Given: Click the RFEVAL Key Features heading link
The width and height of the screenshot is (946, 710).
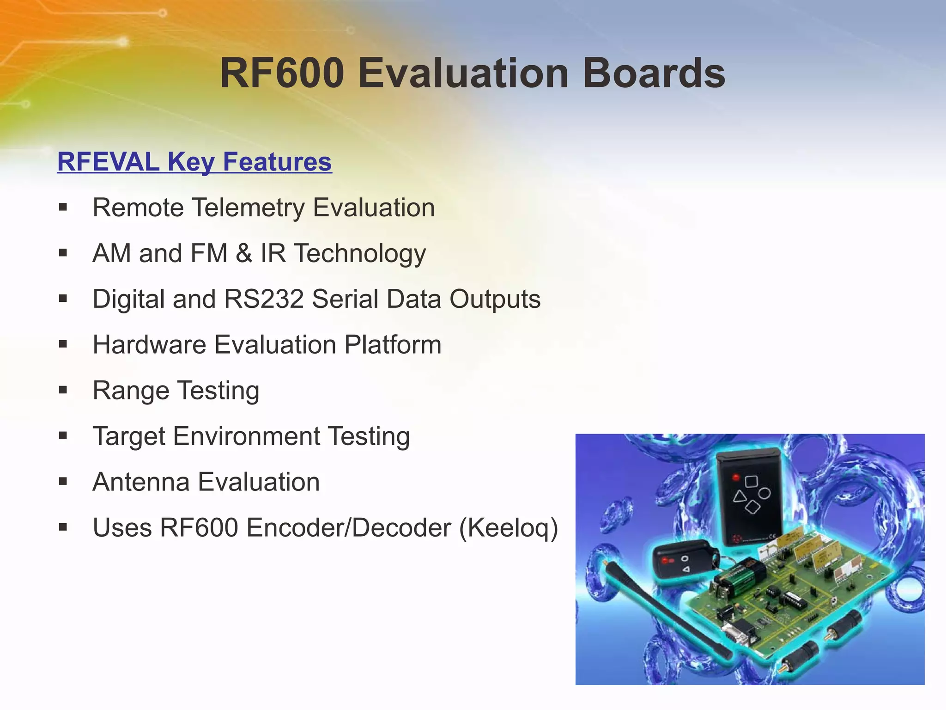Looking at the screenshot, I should pos(194,162).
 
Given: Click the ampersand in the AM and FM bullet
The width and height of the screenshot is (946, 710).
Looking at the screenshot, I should pos(244,253).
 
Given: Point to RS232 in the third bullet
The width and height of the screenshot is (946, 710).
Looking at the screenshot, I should pos(264,299).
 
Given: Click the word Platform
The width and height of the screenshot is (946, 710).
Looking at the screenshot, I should pos(393,345).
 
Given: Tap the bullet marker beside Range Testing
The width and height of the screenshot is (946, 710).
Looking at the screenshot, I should pos(63,390).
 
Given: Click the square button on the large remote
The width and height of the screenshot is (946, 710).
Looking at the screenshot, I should pos(751,482).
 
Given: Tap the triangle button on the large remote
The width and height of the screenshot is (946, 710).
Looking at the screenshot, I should pos(740,497).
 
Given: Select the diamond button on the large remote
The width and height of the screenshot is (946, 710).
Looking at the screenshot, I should pos(753,508).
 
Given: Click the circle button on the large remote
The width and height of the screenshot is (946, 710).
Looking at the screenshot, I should pos(765,493).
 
